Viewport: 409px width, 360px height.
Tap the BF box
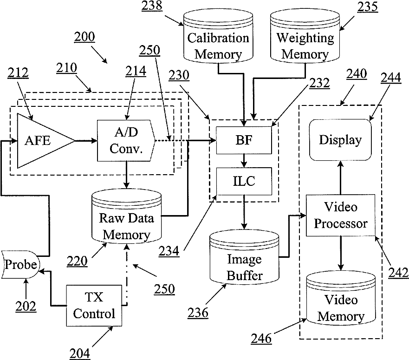pos(243,140)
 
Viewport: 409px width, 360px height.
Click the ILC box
pos(243,181)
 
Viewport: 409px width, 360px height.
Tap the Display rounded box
pos(340,140)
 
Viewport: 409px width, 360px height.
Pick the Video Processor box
pos(341,216)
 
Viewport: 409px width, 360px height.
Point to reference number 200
pos(84,37)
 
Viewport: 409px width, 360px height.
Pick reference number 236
pos(198,313)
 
